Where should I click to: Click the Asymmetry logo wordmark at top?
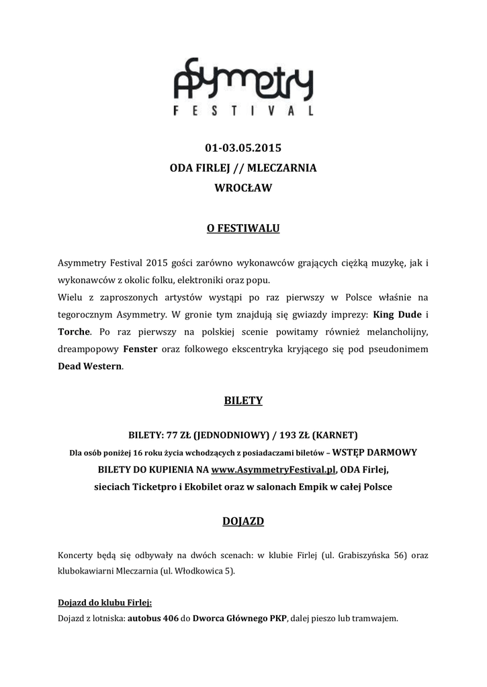pyautogui.click(x=242, y=81)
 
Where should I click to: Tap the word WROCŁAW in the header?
pyautogui.click(x=242, y=189)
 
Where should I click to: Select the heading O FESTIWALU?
pyautogui.click(x=242, y=229)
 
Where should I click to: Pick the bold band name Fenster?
pyautogui.click(x=140, y=350)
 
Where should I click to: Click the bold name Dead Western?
pyautogui.click(x=89, y=367)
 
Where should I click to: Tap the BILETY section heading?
pyautogui.click(x=242, y=401)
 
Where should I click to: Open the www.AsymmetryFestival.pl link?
pyautogui.click(x=273, y=469)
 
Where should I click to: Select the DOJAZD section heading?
pyautogui.click(x=242, y=521)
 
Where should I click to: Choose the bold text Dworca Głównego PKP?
pyautogui.click(x=240, y=618)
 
